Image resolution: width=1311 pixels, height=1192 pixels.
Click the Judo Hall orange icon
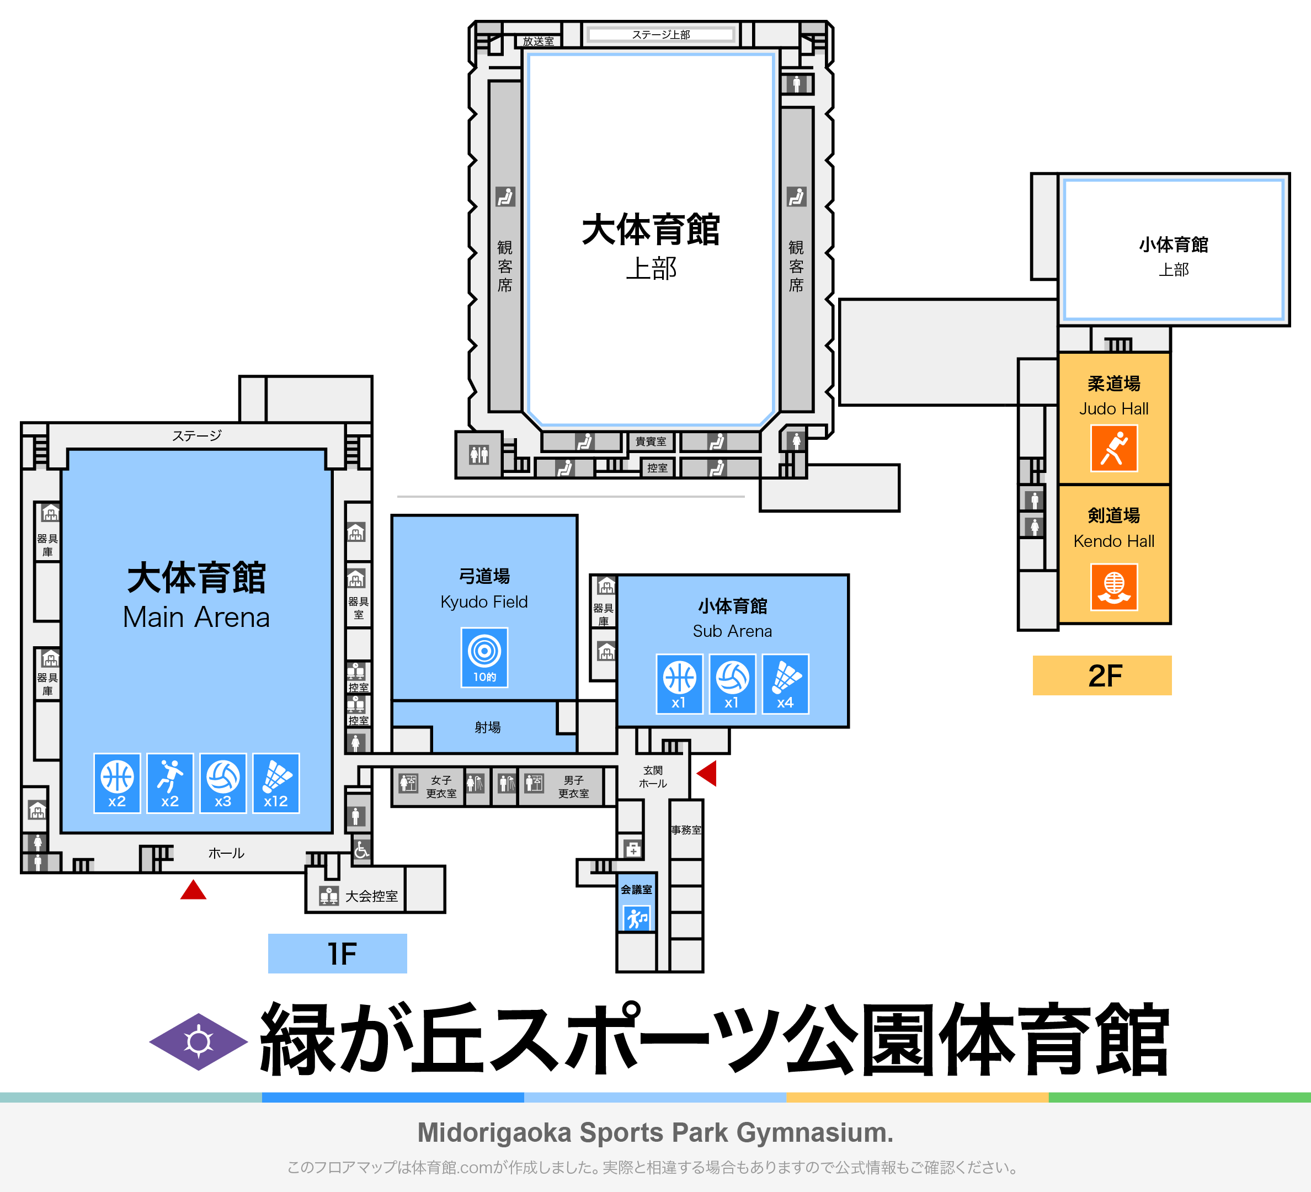click(x=1113, y=448)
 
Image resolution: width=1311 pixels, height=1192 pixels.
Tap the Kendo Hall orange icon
click(x=1113, y=587)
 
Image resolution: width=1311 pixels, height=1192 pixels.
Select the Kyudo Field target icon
click(x=484, y=657)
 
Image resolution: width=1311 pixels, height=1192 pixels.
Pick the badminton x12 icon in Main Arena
click(x=276, y=783)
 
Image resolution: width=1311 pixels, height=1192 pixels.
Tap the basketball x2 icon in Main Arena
click(x=117, y=783)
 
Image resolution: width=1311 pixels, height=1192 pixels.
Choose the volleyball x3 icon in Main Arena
click(x=223, y=783)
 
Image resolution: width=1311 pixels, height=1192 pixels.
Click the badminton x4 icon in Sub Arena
click(x=786, y=683)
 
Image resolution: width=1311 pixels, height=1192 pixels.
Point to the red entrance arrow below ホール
click(x=193, y=890)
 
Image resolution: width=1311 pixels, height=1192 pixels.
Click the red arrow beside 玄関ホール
click(x=707, y=773)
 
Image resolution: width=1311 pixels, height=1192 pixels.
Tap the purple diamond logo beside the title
click(x=198, y=1042)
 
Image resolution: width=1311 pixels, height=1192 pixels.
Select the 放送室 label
click(x=539, y=41)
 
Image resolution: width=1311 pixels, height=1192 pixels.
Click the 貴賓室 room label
click(x=651, y=441)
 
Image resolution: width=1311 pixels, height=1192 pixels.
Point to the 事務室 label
click(x=686, y=830)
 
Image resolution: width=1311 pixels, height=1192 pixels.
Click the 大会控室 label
click(x=371, y=896)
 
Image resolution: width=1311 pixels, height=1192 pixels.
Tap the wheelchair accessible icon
click(x=361, y=849)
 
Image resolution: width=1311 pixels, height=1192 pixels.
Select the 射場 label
click(x=487, y=727)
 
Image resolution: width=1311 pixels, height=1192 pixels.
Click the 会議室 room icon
click(x=637, y=918)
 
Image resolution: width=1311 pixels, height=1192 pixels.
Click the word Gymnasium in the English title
click(x=814, y=1132)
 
